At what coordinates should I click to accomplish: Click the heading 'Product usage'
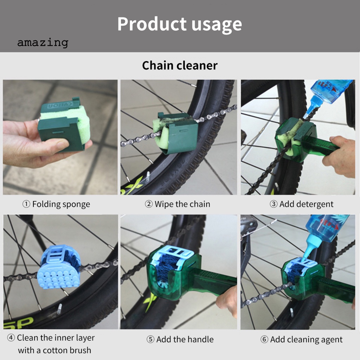179,24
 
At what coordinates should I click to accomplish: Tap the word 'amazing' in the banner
43,43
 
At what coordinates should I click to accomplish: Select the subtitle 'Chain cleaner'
180,65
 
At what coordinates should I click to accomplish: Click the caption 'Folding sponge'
61,204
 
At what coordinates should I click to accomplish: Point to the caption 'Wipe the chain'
182,204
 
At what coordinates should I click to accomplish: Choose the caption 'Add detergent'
306,204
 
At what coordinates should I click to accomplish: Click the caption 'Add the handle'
185,339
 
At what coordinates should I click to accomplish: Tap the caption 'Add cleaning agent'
306,340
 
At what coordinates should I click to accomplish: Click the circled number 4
11,338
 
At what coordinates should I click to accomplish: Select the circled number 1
26,204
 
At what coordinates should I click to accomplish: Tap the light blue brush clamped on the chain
58,269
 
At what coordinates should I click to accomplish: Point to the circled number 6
264,340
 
